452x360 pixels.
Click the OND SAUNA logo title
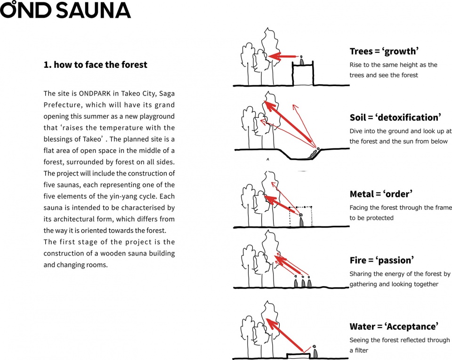pos(65,10)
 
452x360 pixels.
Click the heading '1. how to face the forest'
pos(95,65)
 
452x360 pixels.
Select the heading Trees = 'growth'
pos(384,51)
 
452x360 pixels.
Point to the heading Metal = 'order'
pos(381,194)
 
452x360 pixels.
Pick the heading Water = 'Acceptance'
pos(394,327)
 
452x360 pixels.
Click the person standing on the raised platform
pos(301,60)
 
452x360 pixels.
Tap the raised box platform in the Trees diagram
pos(303,75)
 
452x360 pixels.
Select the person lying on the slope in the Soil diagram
pos(313,152)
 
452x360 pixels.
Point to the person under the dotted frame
pos(301,221)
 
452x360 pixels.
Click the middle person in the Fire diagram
pos(303,282)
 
